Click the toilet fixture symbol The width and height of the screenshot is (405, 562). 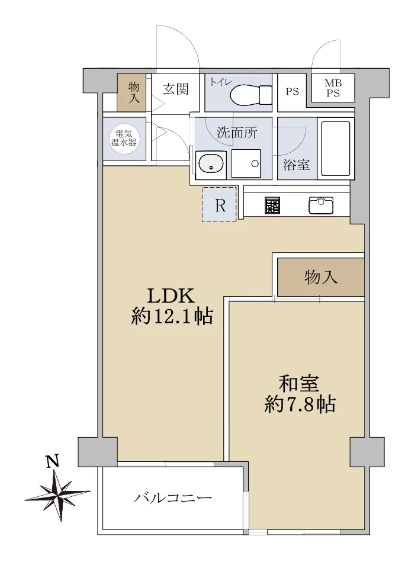[251, 95]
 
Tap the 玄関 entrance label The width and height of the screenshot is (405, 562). [176, 89]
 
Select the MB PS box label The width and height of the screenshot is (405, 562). [333, 88]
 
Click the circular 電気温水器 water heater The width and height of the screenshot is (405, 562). [124, 138]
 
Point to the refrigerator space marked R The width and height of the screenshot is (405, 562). [219, 204]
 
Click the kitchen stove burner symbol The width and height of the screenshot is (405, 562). [272, 205]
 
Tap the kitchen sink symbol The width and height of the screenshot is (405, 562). [321, 205]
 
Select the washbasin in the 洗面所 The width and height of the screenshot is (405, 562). [211, 165]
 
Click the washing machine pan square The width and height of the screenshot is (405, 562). [246, 163]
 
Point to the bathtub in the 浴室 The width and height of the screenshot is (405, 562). [336, 149]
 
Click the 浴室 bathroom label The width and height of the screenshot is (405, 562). [297, 165]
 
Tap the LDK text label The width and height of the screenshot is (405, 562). [172, 296]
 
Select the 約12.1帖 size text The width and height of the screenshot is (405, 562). [172, 316]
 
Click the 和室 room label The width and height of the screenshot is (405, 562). [299, 384]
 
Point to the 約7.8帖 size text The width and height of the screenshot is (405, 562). [300, 404]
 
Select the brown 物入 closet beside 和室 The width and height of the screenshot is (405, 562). [321, 277]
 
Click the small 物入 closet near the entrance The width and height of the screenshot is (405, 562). [131, 92]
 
